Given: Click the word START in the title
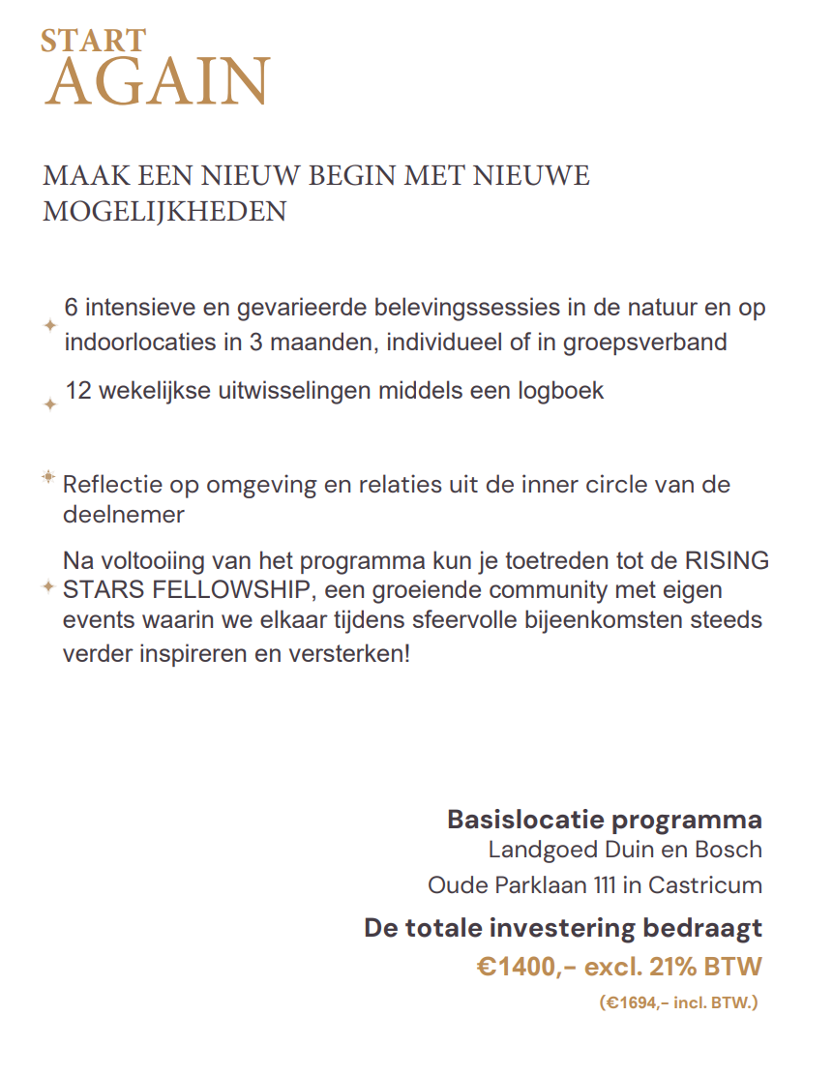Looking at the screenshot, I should tap(93, 41).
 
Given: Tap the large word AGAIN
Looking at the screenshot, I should tap(157, 83).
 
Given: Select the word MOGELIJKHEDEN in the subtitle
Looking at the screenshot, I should tap(164, 211).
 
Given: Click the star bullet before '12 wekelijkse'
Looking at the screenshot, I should tap(50, 403).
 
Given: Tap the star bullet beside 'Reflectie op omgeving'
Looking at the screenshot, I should tap(47, 477).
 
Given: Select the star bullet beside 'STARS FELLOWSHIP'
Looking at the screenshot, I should tap(48, 587).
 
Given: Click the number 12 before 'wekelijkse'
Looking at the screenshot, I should tap(78, 391).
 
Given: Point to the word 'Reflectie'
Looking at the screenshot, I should tap(108, 484).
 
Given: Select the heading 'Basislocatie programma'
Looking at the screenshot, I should tap(604, 820).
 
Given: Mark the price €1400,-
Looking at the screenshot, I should tap(527, 966).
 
